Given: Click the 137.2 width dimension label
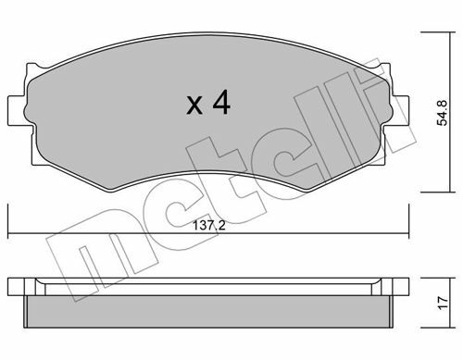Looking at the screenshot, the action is (209, 226).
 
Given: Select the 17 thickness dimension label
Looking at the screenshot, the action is (444, 303).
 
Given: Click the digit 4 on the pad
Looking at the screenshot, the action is (221, 102).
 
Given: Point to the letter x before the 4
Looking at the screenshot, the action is (194, 106).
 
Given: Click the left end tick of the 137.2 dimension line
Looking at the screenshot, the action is (8, 221).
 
